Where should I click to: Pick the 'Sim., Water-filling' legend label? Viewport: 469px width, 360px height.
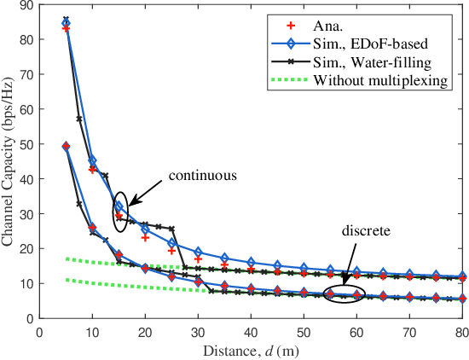(373, 62)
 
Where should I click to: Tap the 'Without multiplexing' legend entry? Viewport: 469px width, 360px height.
(380, 81)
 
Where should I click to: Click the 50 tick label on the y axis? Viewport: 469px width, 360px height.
(28, 144)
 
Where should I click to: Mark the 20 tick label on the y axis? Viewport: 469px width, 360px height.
(28, 248)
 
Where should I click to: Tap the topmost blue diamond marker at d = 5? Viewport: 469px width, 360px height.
(67, 24)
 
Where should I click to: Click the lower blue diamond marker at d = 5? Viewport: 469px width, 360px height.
(67, 147)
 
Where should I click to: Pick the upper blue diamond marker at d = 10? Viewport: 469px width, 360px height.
(93, 161)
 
